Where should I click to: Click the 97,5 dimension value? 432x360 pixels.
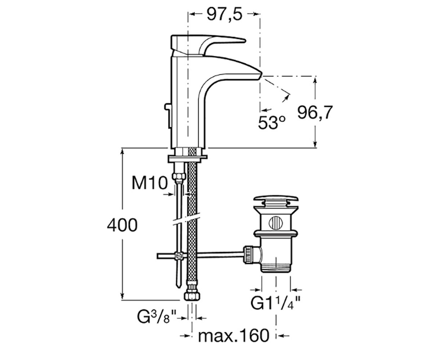[225, 14]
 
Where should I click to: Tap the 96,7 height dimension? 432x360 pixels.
[315, 112]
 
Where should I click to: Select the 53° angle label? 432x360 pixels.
[272, 122]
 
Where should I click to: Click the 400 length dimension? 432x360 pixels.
[122, 225]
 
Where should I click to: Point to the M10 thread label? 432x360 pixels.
[149, 183]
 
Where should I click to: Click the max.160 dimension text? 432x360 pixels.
[234, 336]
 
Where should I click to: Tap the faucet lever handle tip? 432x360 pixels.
[245, 41]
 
